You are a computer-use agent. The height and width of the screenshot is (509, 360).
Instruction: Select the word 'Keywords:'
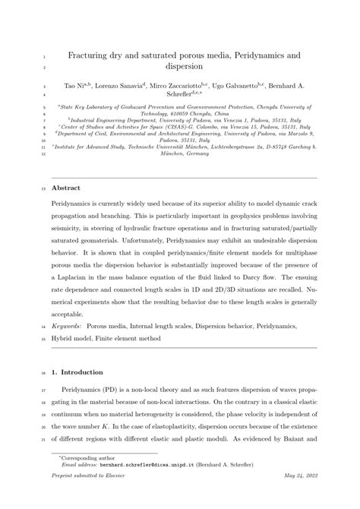[x=67, y=325]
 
